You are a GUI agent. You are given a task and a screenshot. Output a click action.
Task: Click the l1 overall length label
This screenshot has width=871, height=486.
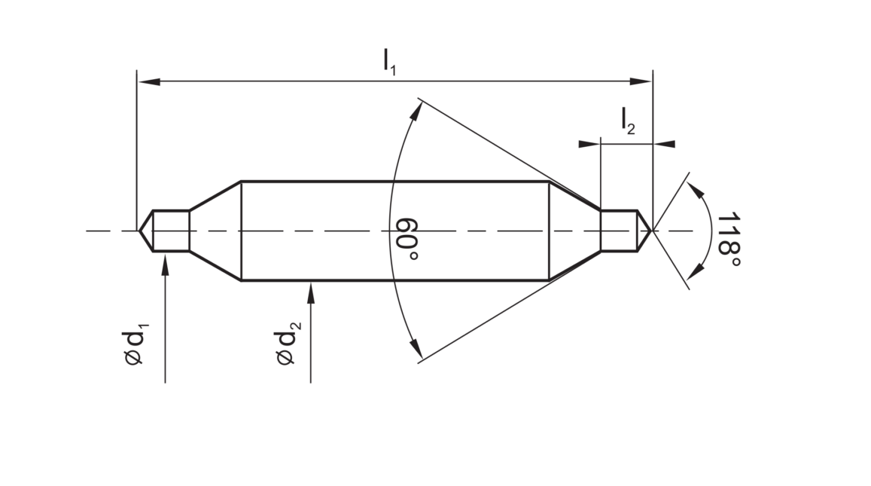pos(389,61)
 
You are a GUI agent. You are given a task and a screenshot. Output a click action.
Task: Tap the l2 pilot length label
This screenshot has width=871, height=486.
pos(628,121)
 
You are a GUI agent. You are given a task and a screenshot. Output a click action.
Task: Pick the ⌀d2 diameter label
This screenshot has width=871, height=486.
pos(288,343)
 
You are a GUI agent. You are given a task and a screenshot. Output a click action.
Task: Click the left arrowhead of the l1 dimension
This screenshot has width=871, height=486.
pos(149,81)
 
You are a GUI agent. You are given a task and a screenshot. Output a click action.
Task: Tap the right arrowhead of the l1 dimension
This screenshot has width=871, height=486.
pos(641,81)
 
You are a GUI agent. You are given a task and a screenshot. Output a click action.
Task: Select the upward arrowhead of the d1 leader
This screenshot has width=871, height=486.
pos(165,266)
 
